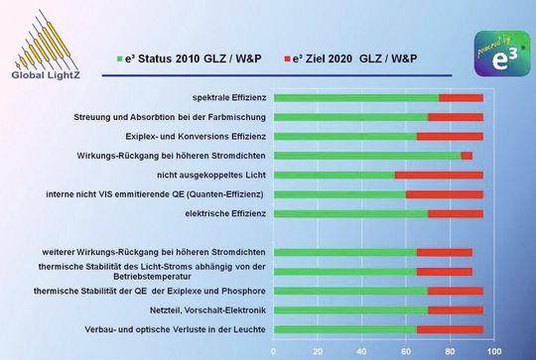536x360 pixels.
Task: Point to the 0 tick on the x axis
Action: (273, 349)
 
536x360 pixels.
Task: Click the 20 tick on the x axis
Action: (318, 349)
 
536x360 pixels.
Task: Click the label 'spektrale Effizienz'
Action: (226, 97)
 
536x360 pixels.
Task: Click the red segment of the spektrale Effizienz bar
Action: (461, 97)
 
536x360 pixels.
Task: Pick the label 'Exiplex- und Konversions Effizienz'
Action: (196, 136)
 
